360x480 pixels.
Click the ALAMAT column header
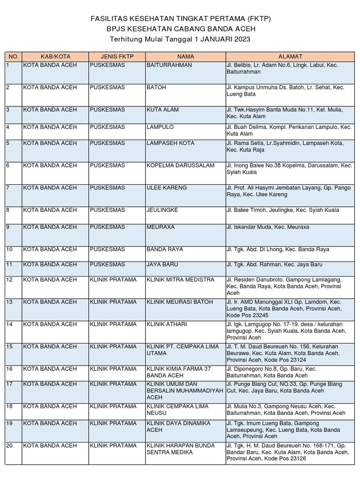click(x=290, y=56)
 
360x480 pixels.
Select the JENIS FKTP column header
click(x=117, y=56)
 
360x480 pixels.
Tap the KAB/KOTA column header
click(x=55, y=56)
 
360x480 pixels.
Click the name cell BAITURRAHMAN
click(x=169, y=65)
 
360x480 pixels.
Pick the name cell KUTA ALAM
click(x=162, y=110)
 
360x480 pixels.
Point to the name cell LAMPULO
click(x=160, y=127)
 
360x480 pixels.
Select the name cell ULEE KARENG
click(x=167, y=188)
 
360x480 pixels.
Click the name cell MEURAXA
click(x=161, y=227)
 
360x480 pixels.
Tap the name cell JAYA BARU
click(x=162, y=265)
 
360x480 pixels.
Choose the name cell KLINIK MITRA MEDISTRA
click(x=180, y=280)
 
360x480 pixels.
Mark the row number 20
click(x=9, y=445)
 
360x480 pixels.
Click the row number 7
click(x=8, y=188)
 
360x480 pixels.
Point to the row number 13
click(x=9, y=302)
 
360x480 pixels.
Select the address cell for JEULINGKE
click(x=283, y=210)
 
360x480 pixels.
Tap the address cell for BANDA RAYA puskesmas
click(x=278, y=249)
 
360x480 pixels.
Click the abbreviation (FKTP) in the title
click(x=257, y=19)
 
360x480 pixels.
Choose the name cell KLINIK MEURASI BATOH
click(x=180, y=302)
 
